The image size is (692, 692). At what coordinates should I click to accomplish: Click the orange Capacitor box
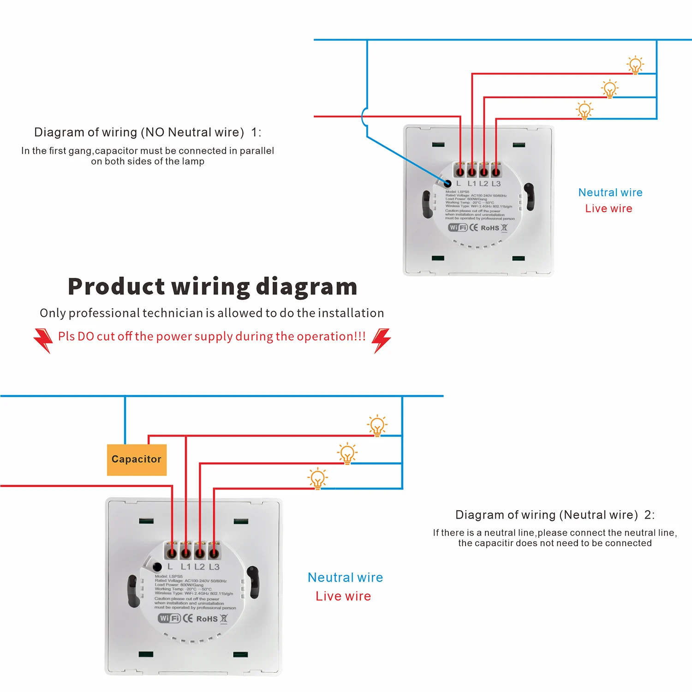137,459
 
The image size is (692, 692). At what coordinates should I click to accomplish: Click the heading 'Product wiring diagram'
213,286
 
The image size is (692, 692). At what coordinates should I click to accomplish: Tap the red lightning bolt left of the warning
43,340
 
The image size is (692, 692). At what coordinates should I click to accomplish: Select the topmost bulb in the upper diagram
635,65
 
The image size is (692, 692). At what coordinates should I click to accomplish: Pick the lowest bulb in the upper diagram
584,110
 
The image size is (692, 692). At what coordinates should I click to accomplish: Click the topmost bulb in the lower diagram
377,425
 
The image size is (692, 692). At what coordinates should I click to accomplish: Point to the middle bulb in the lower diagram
347,453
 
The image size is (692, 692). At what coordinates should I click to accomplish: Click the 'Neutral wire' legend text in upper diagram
610,192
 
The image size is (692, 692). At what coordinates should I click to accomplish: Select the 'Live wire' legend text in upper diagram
608,209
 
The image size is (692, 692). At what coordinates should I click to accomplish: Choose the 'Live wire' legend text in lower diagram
343,596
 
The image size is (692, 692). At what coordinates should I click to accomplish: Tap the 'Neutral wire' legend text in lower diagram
345,578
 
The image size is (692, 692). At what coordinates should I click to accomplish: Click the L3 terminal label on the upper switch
496,184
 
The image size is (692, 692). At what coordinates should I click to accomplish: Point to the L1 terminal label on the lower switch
185,567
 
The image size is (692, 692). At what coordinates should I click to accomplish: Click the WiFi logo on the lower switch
169,618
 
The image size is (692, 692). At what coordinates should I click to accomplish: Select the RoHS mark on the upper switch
489,228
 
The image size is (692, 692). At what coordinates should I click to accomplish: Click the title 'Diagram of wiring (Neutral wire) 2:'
555,515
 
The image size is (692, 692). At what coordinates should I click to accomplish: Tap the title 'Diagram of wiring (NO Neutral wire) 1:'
148,132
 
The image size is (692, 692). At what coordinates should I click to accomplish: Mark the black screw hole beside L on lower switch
157,567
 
